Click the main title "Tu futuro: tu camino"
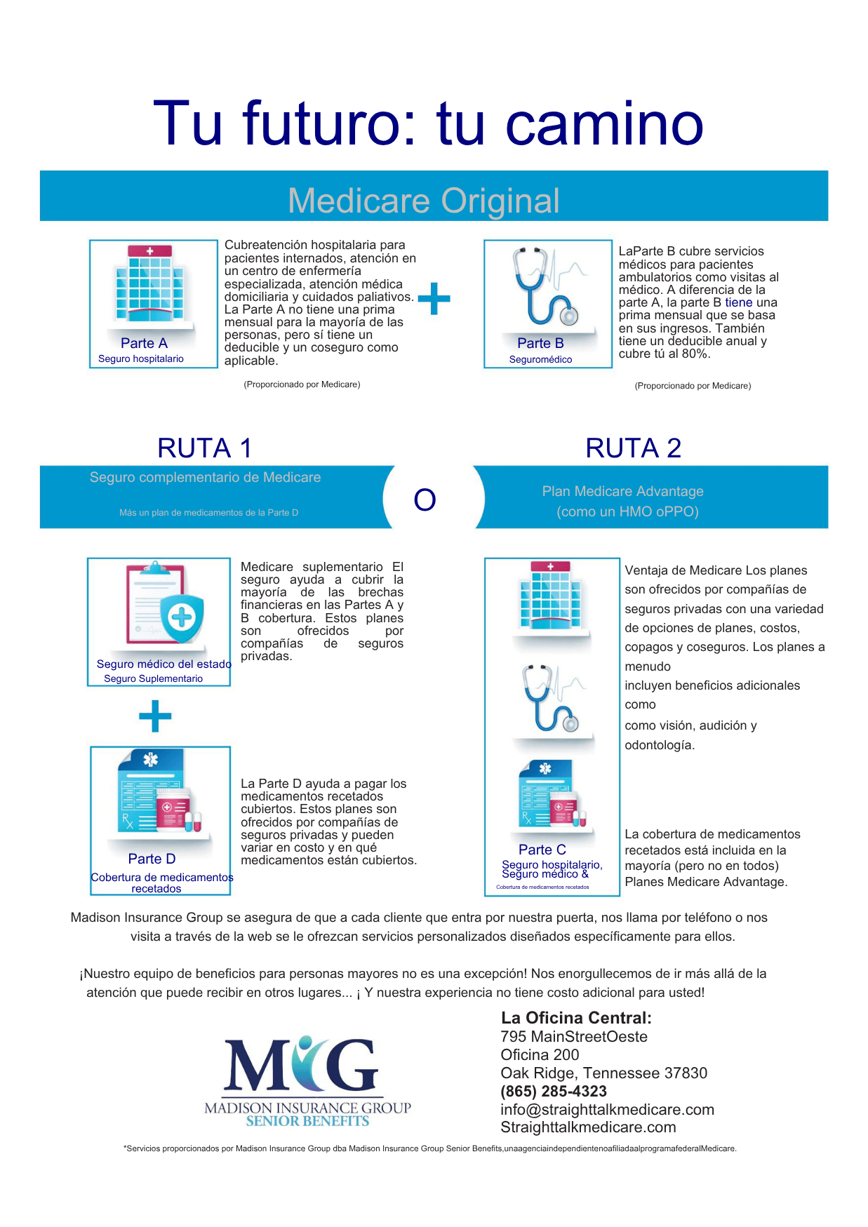pyautogui.click(x=428, y=123)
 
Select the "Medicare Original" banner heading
pyautogui.click(x=424, y=201)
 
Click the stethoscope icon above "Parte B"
pyautogui.click(x=548, y=286)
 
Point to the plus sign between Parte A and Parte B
pyautogui.click(x=434, y=298)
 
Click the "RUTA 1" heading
pyautogui.click(x=204, y=448)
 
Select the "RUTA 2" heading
pyautogui.click(x=634, y=448)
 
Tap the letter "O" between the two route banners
pyautogui.click(x=425, y=499)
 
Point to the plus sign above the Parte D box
pyautogui.click(x=155, y=716)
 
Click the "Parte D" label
pyautogui.click(x=152, y=859)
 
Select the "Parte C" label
pyautogui.click(x=542, y=850)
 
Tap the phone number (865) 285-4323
pyautogui.click(x=554, y=1092)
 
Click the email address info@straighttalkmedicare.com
pyautogui.click(x=607, y=1110)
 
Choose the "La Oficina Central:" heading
pyautogui.click(x=576, y=1018)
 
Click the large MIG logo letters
pyautogui.click(x=302, y=1064)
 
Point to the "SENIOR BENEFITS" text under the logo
pyautogui.click(x=307, y=1121)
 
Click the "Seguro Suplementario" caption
pyautogui.click(x=153, y=678)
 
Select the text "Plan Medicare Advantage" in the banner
pyautogui.click(x=622, y=491)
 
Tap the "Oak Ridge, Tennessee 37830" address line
pyautogui.click(x=603, y=1073)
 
